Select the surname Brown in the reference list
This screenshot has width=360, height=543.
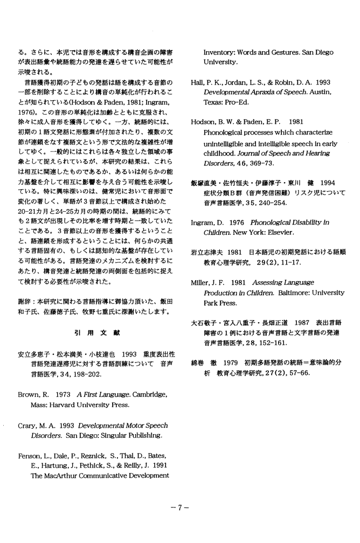(x=29, y=394)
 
